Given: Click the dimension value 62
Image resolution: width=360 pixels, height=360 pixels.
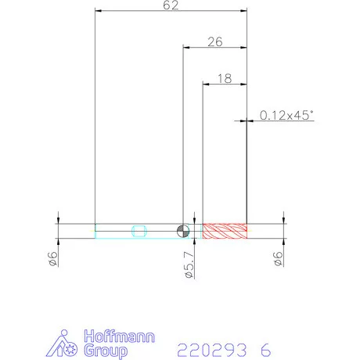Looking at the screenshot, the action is click(171, 5).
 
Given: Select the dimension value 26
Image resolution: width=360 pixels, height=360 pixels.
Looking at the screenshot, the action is click(215, 42).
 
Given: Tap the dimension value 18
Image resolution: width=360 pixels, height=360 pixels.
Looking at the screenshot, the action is click(225, 78).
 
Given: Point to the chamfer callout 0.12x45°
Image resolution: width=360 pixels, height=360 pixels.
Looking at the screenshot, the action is click(286, 115).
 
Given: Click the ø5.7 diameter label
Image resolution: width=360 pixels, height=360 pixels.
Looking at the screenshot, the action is click(189, 265).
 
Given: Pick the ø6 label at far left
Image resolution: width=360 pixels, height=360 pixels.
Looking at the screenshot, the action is click(53, 258).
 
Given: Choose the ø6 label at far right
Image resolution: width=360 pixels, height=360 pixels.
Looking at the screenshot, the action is click(279, 258).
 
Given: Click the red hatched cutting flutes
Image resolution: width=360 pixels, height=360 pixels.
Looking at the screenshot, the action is click(225, 231).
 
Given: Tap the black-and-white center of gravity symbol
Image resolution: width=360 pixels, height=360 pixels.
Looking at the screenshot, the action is click(183, 231).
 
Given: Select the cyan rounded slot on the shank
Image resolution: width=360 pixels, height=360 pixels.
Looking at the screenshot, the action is click(139, 231).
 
